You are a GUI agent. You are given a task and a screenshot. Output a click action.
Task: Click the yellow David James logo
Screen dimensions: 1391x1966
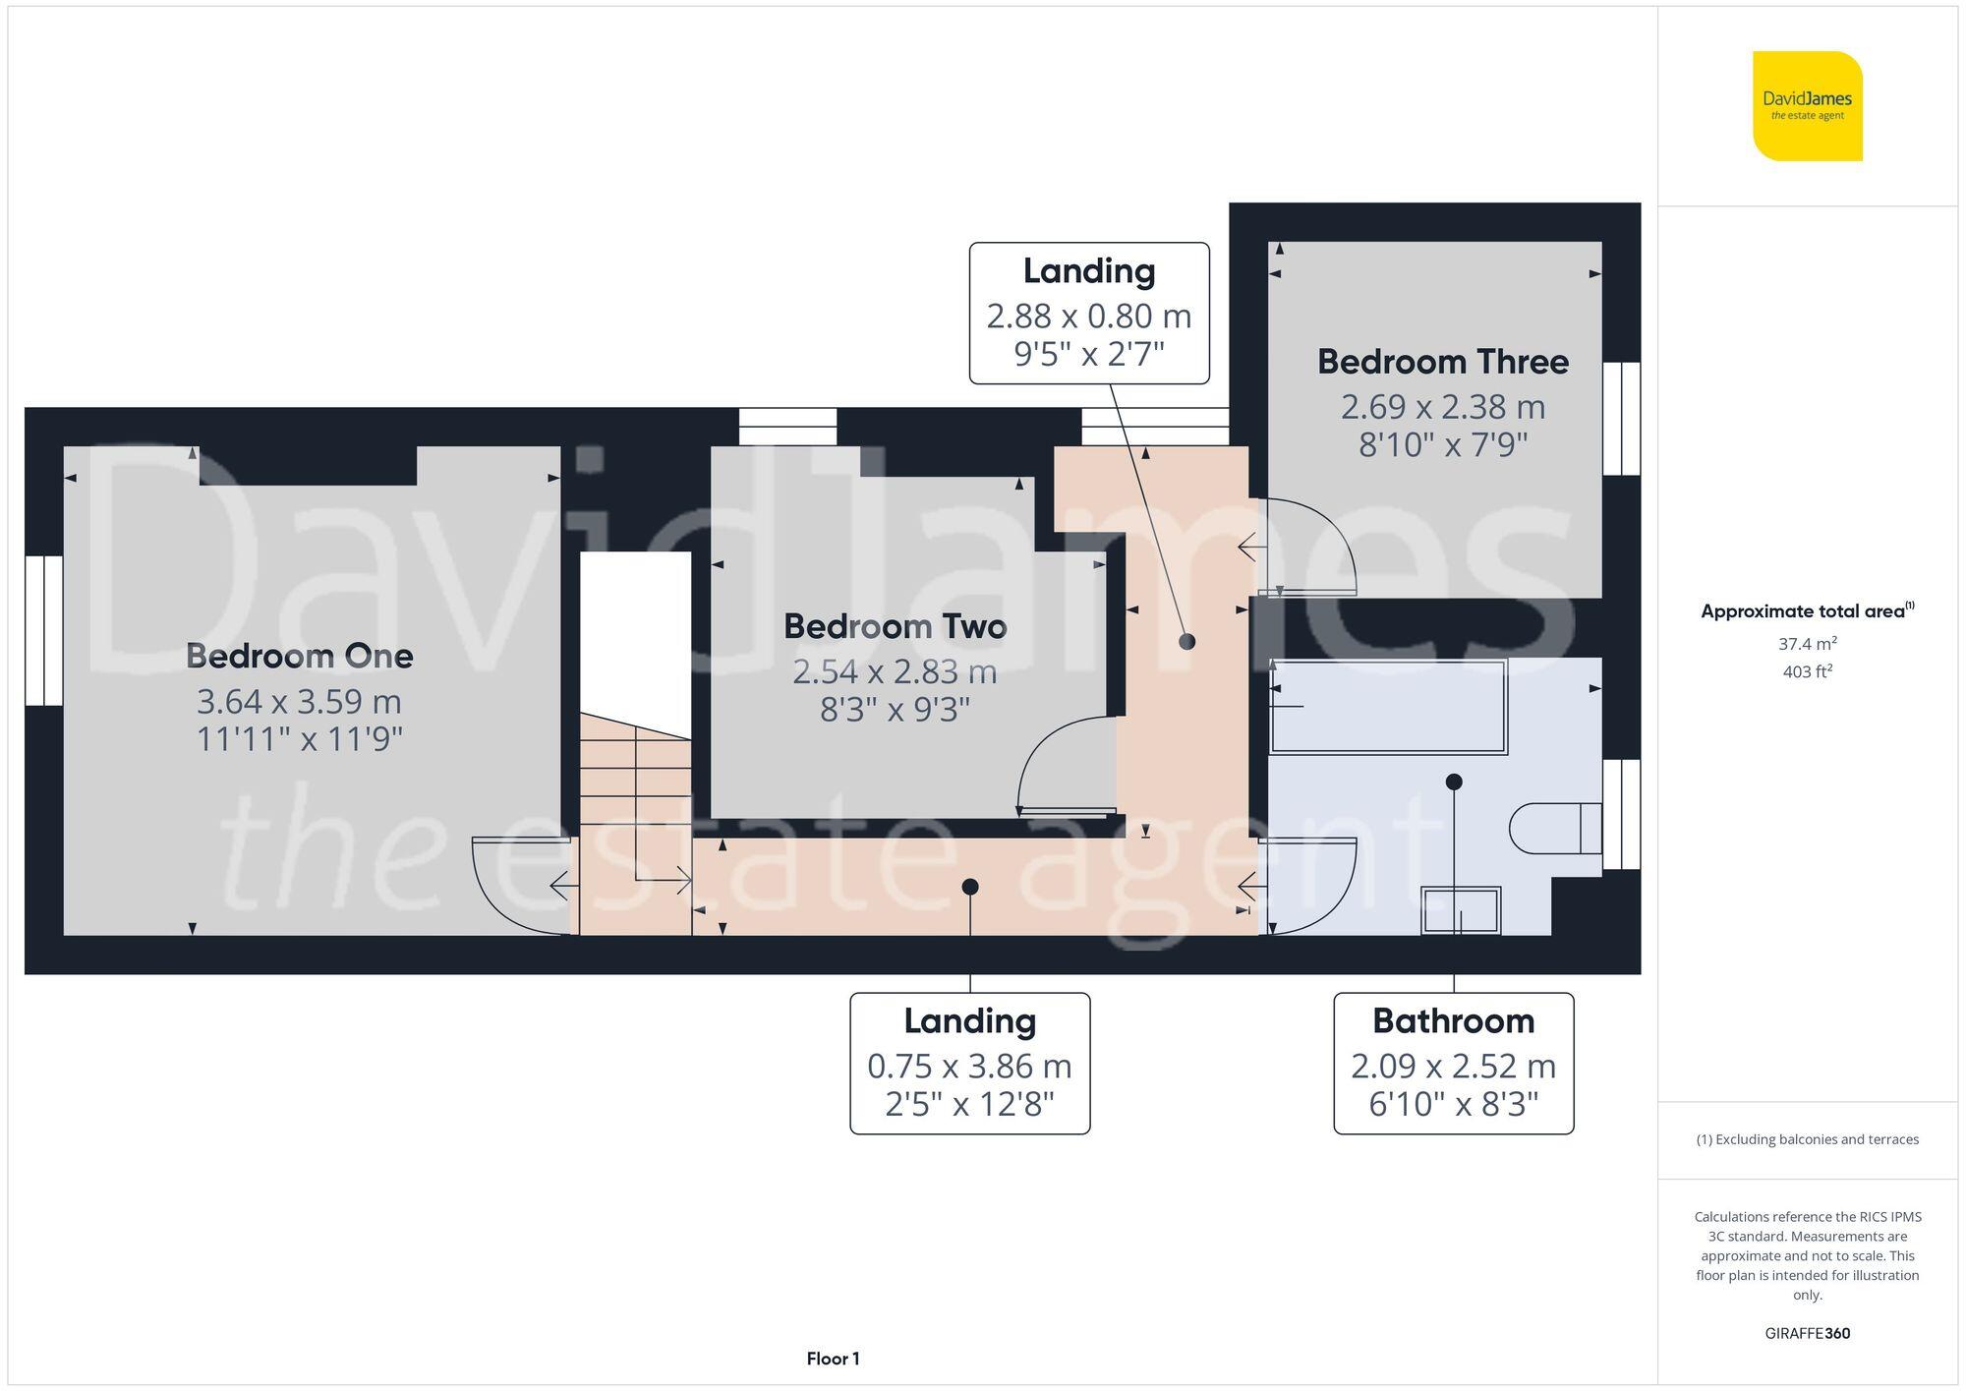click(x=1807, y=106)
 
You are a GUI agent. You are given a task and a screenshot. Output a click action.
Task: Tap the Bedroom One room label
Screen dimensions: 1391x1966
click(x=299, y=656)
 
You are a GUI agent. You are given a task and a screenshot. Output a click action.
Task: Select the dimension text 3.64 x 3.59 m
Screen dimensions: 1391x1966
click(x=299, y=702)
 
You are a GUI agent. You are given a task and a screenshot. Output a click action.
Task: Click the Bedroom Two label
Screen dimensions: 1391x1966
click(x=895, y=626)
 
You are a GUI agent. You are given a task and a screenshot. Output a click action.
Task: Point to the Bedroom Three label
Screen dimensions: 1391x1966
click(x=1442, y=362)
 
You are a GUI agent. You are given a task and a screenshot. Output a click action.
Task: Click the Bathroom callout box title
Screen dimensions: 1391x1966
click(x=1453, y=1021)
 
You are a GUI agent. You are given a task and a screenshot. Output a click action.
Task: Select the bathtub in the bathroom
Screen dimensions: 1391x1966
click(x=1388, y=707)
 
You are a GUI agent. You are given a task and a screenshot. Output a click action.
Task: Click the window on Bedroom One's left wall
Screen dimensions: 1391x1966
click(x=44, y=630)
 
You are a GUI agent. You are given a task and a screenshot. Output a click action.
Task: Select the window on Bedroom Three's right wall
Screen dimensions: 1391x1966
click(x=1621, y=419)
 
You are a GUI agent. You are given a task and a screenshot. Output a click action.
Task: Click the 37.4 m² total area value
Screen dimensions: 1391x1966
click(x=1807, y=644)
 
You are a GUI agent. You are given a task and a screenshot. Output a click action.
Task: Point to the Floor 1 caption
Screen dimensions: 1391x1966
click(x=833, y=1359)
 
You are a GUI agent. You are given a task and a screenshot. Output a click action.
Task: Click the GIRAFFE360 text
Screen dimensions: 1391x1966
click(x=1807, y=1333)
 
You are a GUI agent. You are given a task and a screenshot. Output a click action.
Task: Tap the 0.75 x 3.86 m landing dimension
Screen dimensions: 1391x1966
click(x=969, y=1067)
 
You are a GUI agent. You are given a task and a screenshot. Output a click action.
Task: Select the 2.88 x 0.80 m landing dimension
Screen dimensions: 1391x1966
click(x=1088, y=317)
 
